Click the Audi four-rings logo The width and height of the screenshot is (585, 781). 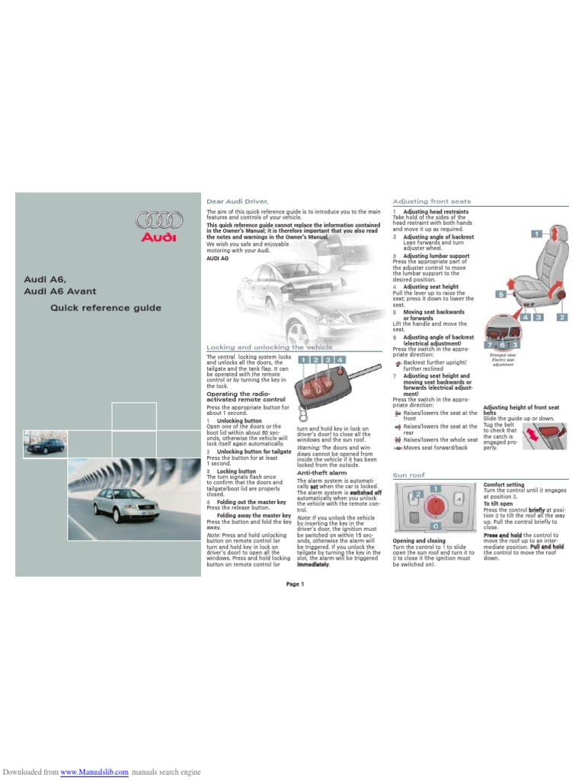click(159, 220)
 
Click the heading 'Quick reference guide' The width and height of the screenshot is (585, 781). click(106, 308)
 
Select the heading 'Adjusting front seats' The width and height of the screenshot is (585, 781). click(431, 201)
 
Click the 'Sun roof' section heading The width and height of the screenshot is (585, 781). click(408, 474)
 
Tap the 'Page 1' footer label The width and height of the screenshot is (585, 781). click(296, 584)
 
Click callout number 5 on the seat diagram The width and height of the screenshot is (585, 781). click(502, 294)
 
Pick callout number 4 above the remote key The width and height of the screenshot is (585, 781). click(340, 358)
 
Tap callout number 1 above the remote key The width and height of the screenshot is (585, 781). click(303, 358)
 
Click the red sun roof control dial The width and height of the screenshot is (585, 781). click(435, 505)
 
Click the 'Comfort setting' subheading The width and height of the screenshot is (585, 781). click(503, 484)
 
